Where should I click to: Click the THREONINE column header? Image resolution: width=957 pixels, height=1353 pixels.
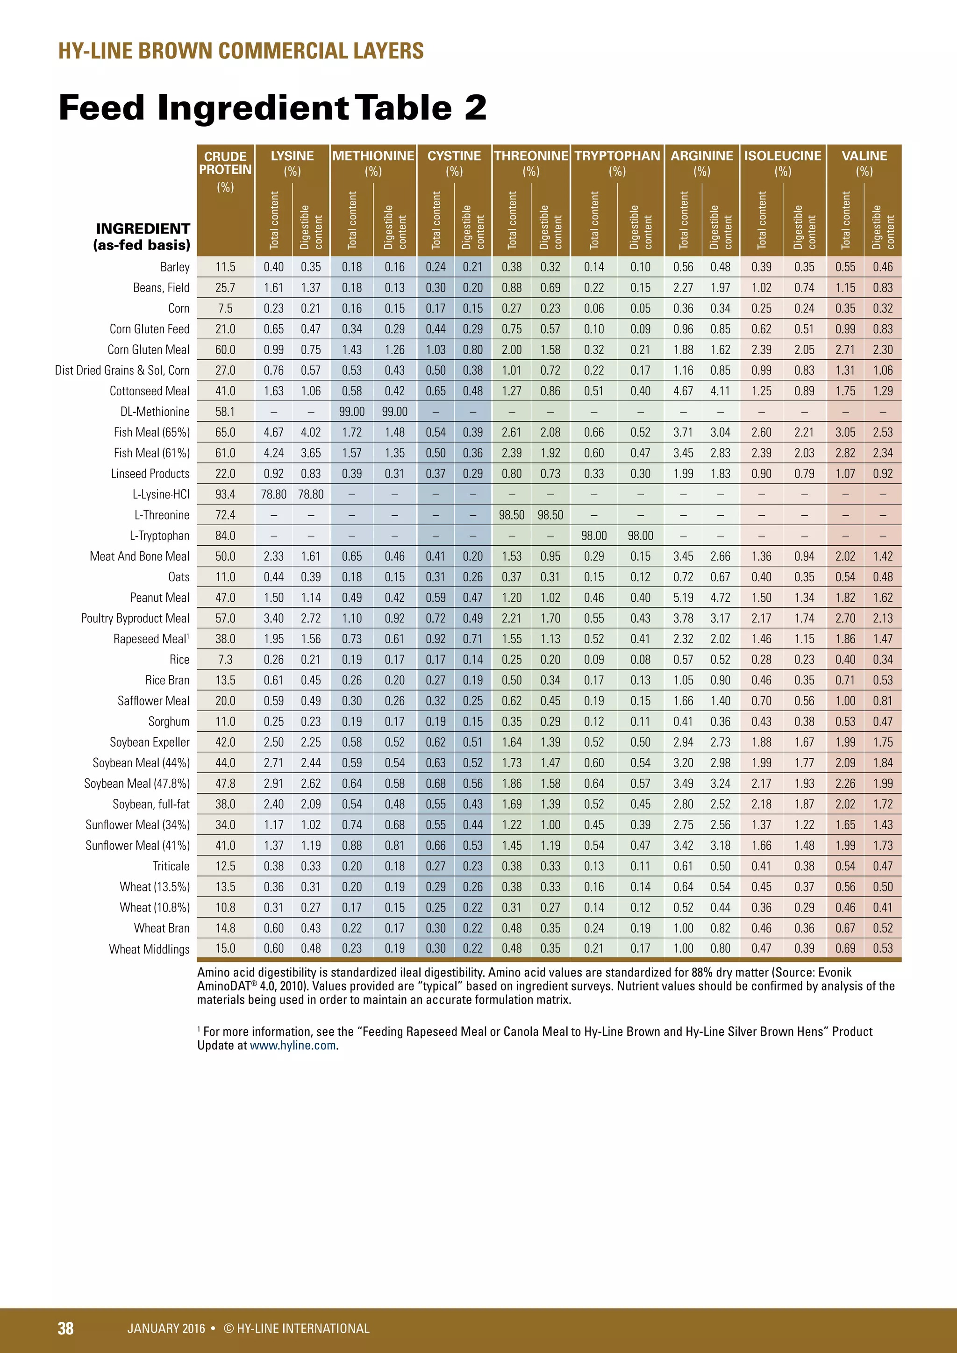530,156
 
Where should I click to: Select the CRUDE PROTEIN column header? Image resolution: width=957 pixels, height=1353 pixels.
225,163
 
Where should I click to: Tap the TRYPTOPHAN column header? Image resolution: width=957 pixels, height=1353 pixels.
617,156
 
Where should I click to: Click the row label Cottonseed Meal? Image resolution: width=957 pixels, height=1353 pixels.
150,392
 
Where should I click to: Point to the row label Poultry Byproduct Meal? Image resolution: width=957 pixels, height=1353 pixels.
135,618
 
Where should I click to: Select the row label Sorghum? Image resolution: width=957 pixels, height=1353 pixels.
169,722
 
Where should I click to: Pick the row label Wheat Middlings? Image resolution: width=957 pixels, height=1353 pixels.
149,949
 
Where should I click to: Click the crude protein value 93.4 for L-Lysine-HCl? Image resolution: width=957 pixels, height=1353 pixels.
225,494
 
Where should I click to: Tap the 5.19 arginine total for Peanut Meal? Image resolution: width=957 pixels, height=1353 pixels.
683,598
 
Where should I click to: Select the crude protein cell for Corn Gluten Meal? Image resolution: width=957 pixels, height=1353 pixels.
225,350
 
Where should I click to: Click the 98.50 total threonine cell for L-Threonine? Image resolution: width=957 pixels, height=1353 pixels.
512,515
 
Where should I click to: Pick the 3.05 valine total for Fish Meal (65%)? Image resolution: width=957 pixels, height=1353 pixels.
845,433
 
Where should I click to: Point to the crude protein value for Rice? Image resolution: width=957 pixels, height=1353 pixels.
225,659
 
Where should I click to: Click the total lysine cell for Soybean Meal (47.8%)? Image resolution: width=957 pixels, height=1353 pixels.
273,784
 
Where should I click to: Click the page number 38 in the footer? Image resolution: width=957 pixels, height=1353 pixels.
65,1328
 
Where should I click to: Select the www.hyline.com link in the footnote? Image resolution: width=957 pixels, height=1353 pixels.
293,1046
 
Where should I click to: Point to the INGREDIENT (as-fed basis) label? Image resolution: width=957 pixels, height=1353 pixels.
142,237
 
